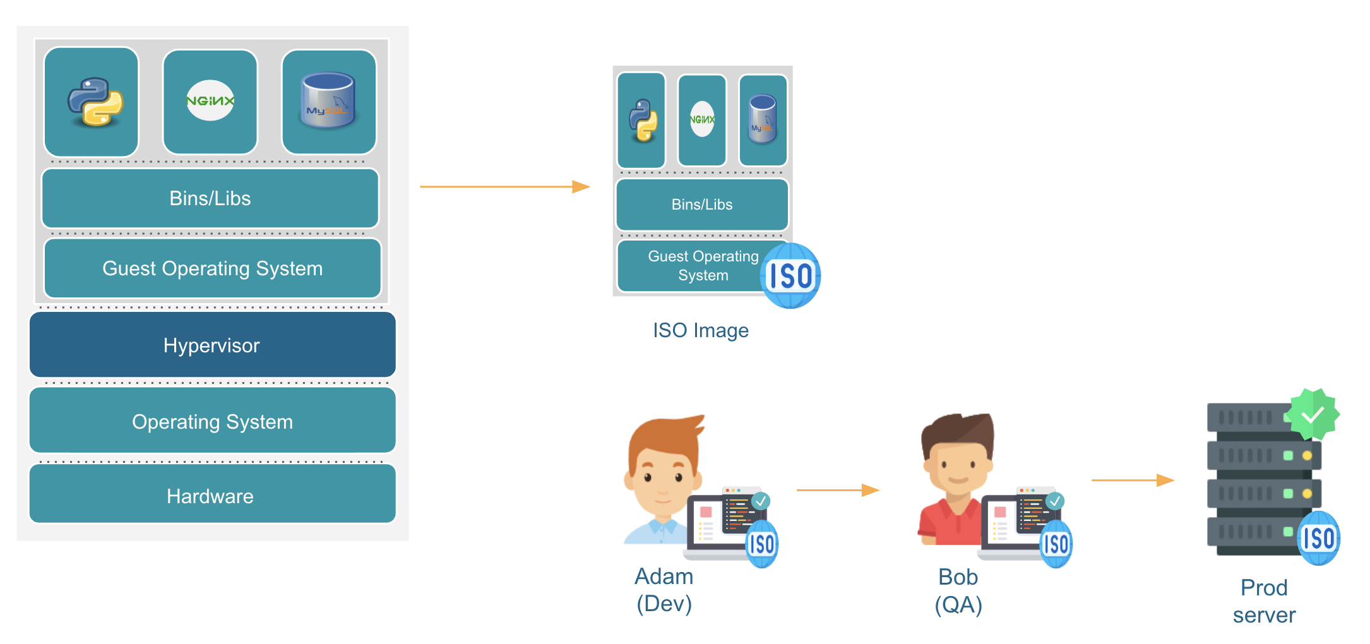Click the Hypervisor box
click(212, 345)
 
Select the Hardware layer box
click(212, 495)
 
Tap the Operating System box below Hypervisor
click(212, 420)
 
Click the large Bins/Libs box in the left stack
click(210, 198)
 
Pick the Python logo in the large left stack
click(95, 102)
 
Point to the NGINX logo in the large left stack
click(210, 101)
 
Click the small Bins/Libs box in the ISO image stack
click(702, 205)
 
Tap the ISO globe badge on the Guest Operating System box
click(790, 276)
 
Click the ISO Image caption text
click(701, 330)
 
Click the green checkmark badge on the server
click(1313, 414)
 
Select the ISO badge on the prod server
click(1319, 539)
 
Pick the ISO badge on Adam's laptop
click(762, 544)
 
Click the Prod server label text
click(1264, 601)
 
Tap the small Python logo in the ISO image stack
click(643, 120)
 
